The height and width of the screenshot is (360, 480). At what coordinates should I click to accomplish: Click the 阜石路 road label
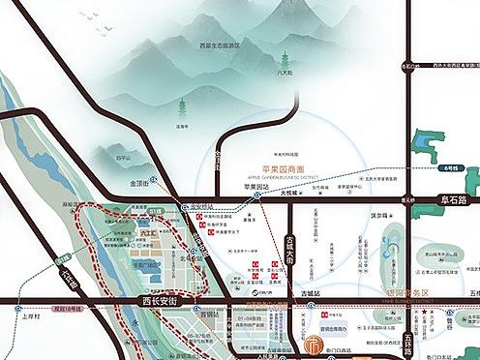[448, 200]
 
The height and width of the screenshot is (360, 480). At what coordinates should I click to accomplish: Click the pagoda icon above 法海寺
[180, 108]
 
